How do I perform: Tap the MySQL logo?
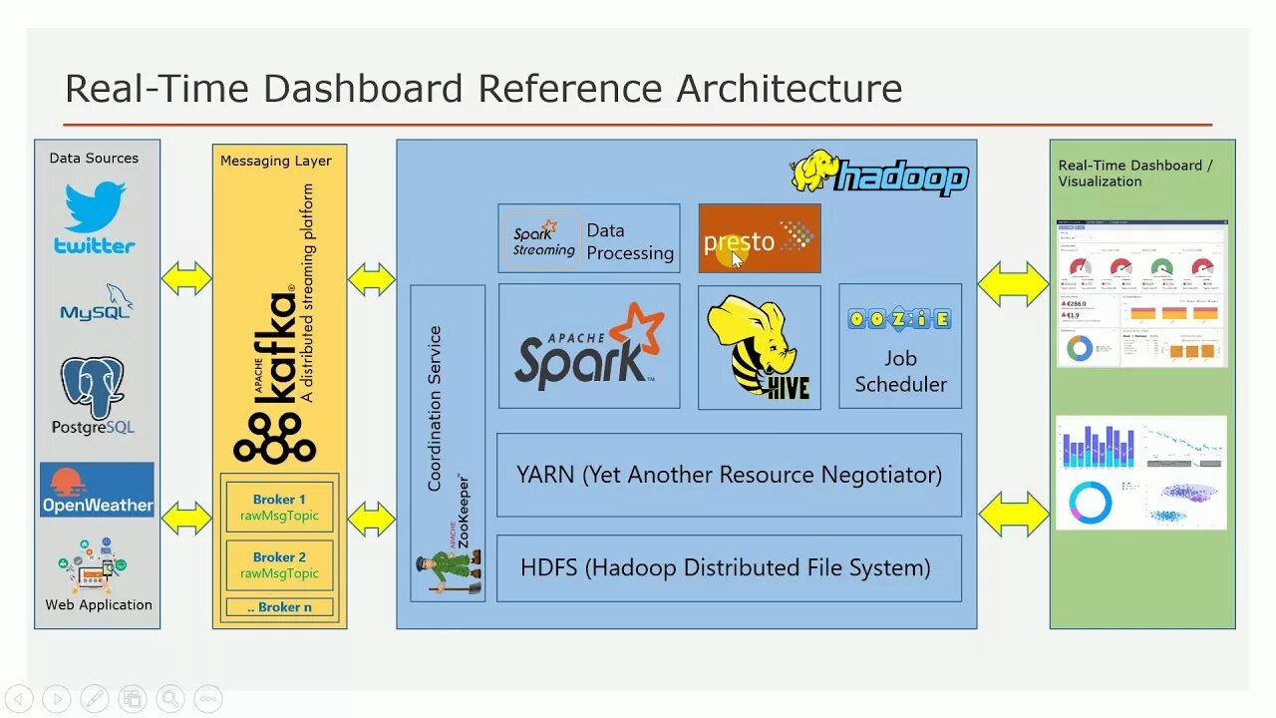click(x=97, y=303)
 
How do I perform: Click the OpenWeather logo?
click(x=98, y=489)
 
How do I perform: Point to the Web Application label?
click(x=99, y=604)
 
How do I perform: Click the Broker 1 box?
click(x=279, y=508)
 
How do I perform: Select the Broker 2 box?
click(x=279, y=565)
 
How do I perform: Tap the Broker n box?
click(x=279, y=606)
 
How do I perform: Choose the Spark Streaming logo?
click(x=543, y=238)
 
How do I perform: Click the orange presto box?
click(x=760, y=238)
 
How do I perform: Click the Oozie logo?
click(x=899, y=319)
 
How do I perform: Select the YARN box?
click(x=729, y=475)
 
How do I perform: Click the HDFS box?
click(x=729, y=568)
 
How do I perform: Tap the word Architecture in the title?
click(x=790, y=89)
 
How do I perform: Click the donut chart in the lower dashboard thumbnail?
click(x=1090, y=503)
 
